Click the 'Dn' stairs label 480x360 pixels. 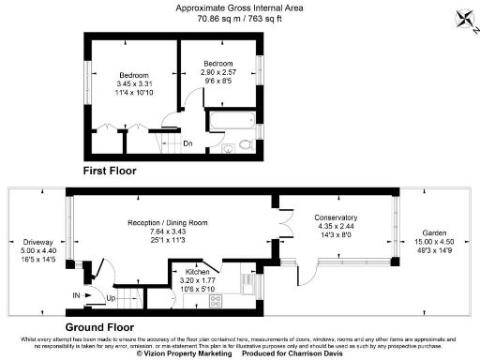[x=187, y=143]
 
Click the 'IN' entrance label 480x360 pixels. [x=76, y=295]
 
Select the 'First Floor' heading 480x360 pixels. [x=110, y=172]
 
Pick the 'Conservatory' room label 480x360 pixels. [x=336, y=217]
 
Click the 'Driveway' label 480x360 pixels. [x=38, y=242]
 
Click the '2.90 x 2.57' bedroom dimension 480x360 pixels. [x=220, y=71]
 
